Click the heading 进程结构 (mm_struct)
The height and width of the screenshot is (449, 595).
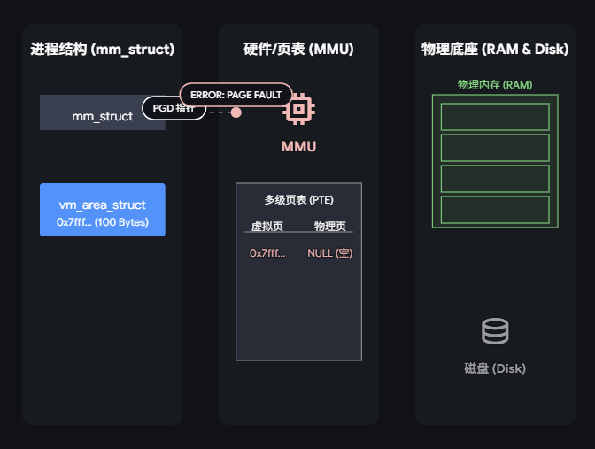coord(102,49)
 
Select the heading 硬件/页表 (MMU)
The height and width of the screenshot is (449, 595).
coord(298,49)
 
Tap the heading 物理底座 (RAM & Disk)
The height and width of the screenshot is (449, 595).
coord(495,49)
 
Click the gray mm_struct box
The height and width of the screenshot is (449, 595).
coord(89,116)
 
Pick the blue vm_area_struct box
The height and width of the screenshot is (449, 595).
coord(103,210)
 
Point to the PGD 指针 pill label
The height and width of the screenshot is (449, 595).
coord(174,109)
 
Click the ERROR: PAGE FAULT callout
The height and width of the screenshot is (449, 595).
coord(236,95)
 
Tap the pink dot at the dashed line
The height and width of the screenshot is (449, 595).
coord(236,112)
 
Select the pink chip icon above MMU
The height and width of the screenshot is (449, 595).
coord(298,109)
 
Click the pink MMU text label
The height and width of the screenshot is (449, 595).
coord(298,146)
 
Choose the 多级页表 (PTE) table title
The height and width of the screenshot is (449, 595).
coord(298,200)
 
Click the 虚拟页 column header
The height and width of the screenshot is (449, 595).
coord(267,226)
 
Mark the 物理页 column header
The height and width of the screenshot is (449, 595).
coord(330,226)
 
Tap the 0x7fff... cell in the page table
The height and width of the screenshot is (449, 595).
coord(267,252)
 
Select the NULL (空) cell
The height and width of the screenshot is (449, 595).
coord(330,252)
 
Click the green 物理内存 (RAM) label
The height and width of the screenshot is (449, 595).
coord(495,85)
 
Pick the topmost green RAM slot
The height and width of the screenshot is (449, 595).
coord(495,117)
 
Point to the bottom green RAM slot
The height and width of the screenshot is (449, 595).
coord(495,210)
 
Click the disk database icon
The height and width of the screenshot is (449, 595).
coord(495,332)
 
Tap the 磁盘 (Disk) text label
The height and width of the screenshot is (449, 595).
coord(495,368)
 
